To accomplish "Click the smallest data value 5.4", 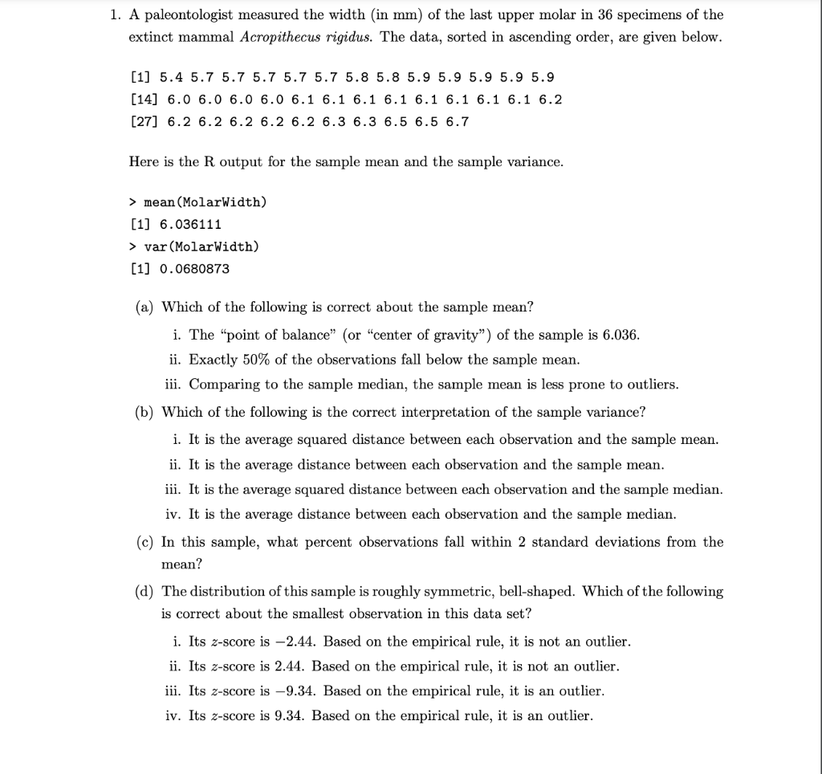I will coord(172,78).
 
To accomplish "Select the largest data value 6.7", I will coord(458,122).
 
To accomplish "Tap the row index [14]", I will coord(144,100).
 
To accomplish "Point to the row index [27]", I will coord(144,122).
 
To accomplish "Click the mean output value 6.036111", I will coord(191,224).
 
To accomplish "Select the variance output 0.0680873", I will coord(195,269).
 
